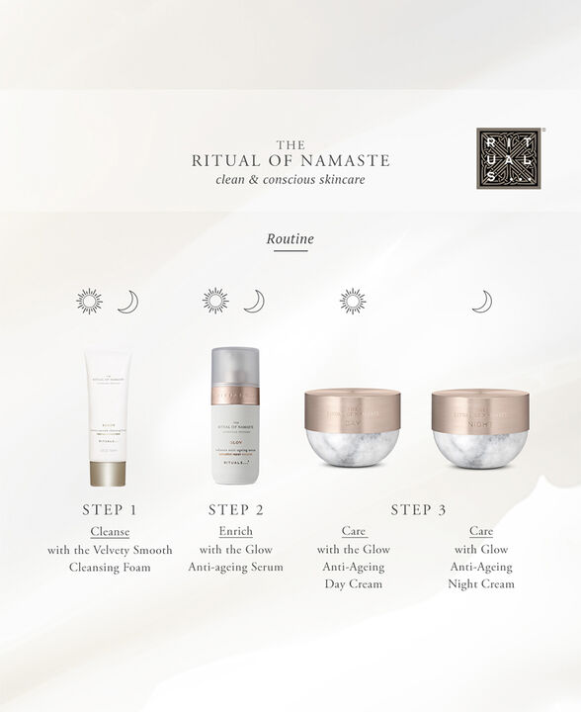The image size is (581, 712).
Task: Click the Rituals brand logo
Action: (509, 157)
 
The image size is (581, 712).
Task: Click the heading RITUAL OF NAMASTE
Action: (290, 160)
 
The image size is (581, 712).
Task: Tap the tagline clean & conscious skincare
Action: (290, 179)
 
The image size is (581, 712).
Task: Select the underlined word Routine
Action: (290, 238)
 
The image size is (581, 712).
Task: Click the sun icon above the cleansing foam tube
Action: (90, 301)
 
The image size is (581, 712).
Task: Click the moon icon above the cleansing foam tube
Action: (127, 302)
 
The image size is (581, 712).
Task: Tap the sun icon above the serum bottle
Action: (214, 301)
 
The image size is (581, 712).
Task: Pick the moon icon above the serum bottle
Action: (254, 301)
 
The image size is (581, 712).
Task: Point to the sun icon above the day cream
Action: (353, 301)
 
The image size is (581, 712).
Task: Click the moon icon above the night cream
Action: (481, 301)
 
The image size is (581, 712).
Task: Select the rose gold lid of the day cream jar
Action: (353, 408)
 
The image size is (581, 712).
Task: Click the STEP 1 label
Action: (110, 510)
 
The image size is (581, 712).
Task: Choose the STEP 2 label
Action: (236, 510)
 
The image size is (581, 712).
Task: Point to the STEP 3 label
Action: (418, 510)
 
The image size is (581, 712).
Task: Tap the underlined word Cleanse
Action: (110, 532)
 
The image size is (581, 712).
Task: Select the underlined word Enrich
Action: (235, 532)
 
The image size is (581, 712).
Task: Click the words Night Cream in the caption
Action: (481, 584)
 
